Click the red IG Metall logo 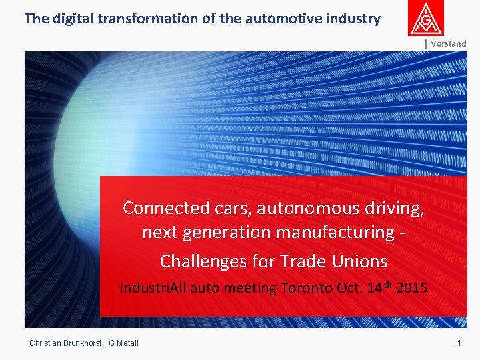pyautogui.click(x=426, y=19)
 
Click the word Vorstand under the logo pyautogui.click(x=448, y=43)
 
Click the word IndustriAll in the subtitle pyautogui.click(x=153, y=289)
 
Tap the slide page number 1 pyautogui.click(x=459, y=343)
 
